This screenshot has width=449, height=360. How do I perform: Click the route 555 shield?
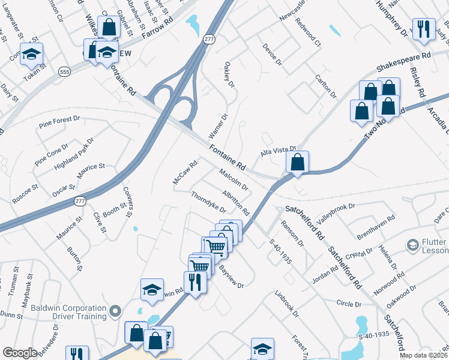(64, 71)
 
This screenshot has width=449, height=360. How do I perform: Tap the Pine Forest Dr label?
(59, 122)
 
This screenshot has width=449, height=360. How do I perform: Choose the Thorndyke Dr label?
(208, 202)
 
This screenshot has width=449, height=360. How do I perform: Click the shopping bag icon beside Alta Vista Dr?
(297, 162)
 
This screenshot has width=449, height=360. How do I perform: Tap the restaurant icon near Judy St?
(424, 29)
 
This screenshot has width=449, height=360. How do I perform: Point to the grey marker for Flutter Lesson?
(412, 245)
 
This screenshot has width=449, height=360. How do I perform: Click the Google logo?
(20, 353)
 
